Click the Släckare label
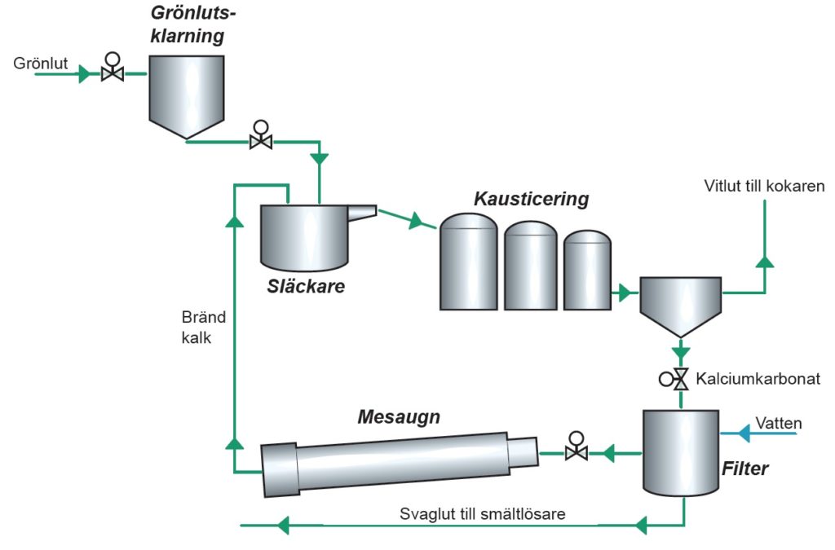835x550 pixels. pyautogui.click(x=306, y=286)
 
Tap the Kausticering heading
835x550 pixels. pyautogui.click(x=531, y=199)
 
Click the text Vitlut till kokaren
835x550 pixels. pyautogui.click(x=764, y=187)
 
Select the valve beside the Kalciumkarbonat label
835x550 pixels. pyautogui.click(x=678, y=379)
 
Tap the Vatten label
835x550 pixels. pyautogui.click(x=779, y=423)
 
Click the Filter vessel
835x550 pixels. pyautogui.click(x=679, y=452)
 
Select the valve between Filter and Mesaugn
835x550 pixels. pyautogui.click(x=577, y=449)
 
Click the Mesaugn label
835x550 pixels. pyautogui.click(x=399, y=418)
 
